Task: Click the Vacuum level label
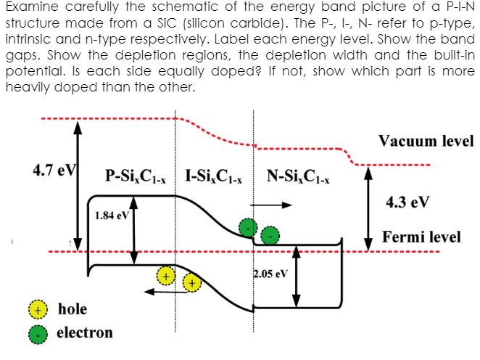tap(426, 141)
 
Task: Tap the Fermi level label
tap(421, 237)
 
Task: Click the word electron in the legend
tap(85, 333)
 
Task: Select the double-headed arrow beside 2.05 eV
tap(297, 276)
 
